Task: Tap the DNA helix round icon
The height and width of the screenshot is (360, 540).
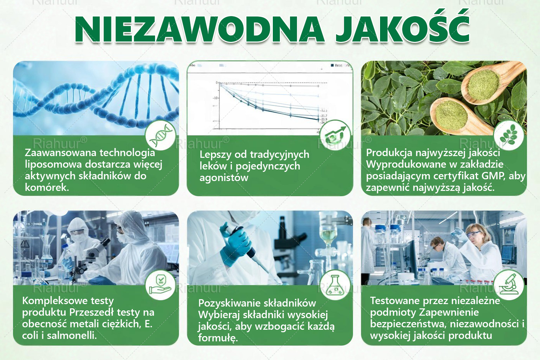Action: point(161,135)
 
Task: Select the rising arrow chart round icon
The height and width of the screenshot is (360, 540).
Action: point(335,135)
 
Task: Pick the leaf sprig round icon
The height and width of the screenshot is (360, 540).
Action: point(508,135)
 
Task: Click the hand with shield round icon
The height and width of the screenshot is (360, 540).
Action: point(161,285)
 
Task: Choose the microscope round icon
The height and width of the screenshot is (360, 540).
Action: point(509,285)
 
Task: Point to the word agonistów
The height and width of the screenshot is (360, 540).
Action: point(223,178)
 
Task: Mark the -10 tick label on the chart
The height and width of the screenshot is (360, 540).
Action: point(215,98)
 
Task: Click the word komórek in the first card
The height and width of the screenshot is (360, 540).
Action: point(46,187)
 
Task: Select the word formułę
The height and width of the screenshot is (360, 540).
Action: point(217,338)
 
